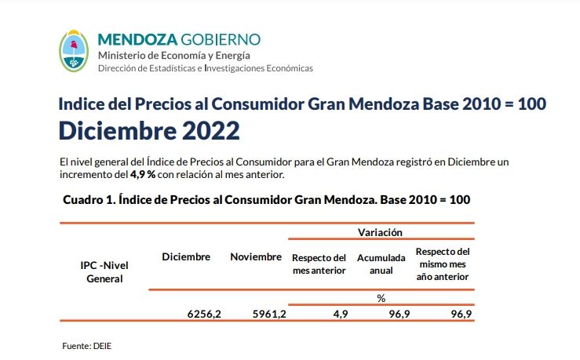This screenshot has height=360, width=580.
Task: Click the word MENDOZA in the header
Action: click(137, 40)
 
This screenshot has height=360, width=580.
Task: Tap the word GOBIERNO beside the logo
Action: click(221, 40)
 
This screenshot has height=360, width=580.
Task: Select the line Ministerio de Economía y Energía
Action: click(174, 55)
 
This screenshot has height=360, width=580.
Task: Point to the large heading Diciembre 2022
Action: click(149, 129)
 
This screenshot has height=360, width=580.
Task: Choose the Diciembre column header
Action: click(186, 257)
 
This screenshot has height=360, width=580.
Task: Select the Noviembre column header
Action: click(256, 257)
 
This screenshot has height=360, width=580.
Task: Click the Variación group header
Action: click(381, 232)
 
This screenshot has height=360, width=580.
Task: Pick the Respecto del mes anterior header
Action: click(319, 264)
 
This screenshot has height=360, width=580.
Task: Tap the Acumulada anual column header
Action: click(381, 264)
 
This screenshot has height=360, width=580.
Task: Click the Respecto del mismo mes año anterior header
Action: click(443, 264)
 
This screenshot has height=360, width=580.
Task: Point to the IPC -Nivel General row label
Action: click(104, 271)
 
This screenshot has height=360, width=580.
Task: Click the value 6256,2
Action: click(204, 314)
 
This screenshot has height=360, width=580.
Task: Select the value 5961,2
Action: click(269, 314)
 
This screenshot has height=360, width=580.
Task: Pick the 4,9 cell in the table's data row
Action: click(340, 314)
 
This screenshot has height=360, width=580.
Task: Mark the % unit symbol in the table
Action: click(381, 298)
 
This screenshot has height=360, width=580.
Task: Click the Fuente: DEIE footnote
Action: click(86, 345)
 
